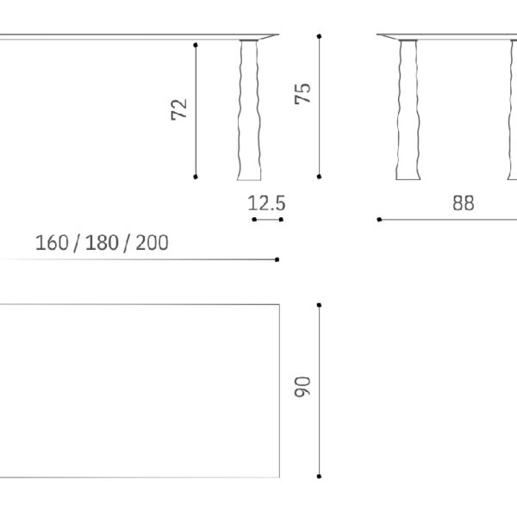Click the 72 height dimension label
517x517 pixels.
point(179,109)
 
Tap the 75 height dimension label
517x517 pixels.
point(302,94)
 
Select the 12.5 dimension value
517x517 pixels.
point(266,203)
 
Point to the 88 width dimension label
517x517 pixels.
point(464,203)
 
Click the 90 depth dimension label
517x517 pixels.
point(302,387)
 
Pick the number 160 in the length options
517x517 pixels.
point(52,243)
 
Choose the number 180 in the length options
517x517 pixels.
point(102,243)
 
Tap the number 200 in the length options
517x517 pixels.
point(152,243)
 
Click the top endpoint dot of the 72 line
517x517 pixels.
point(196,45)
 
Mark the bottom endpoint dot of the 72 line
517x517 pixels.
point(196,177)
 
